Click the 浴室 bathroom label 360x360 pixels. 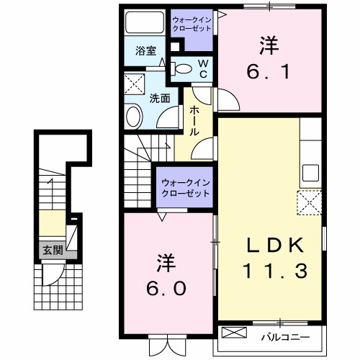pyautogui.click(x=146, y=50)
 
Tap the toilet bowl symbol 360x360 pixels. pyautogui.click(x=185, y=70)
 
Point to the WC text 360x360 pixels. pyautogui.click(x=203, y=69)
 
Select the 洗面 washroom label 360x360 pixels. pyautogui.click(x=159, y=99)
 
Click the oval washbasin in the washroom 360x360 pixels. pyautogui.click(x=135, y=117)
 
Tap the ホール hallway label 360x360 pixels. pyautogui.click(x=194, y=121)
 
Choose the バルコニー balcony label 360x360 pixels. pyautogui.click(x=284, y=336)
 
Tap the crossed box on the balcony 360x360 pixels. pyautogui.click(x=234, y=334)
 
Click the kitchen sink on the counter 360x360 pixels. pyautogui.click(x=310, y=173)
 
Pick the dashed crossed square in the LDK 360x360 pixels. pyautogui.click(x=310, y=202)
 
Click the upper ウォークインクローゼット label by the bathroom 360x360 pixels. pyautogui.click(x=192, y=24)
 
